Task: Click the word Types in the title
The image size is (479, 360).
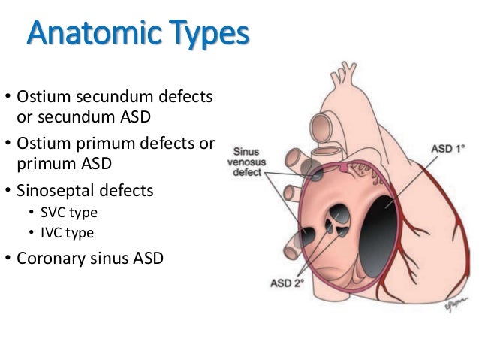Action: (x=203, y=35)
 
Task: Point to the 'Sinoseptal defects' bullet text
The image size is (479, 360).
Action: (x=84, y=191)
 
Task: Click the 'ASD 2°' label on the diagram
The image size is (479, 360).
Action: (x=285, y=283)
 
